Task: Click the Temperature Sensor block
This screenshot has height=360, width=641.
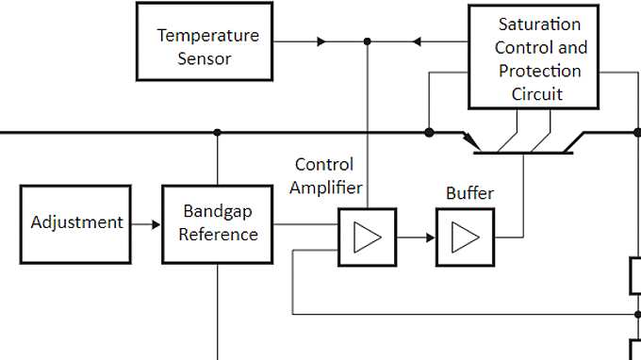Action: pos(205,41)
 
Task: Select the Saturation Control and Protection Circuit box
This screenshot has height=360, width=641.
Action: pos(533,57)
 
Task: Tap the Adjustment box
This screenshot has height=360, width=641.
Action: pos(76,223)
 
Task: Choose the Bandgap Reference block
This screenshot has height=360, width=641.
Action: pos(218,223)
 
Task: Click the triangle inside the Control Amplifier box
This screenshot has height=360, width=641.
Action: pos(367,237)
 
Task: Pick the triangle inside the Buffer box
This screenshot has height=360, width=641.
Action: pos(465,237)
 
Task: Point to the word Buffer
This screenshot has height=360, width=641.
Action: pos(469,193)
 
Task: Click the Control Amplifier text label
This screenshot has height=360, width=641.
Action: pos(325,175)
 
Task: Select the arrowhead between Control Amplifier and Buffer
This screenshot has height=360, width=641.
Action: pos(427,237)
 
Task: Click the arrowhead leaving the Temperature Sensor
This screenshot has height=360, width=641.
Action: pos(321,41)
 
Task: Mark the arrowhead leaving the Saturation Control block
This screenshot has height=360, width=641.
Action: pos(419,41)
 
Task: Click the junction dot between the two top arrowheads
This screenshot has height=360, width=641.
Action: pos(367,41)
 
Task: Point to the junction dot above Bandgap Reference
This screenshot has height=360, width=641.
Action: pos(218,133)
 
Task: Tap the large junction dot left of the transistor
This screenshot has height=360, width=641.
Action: pos(429,133)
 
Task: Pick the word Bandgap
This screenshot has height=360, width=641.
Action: pos(218,211)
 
